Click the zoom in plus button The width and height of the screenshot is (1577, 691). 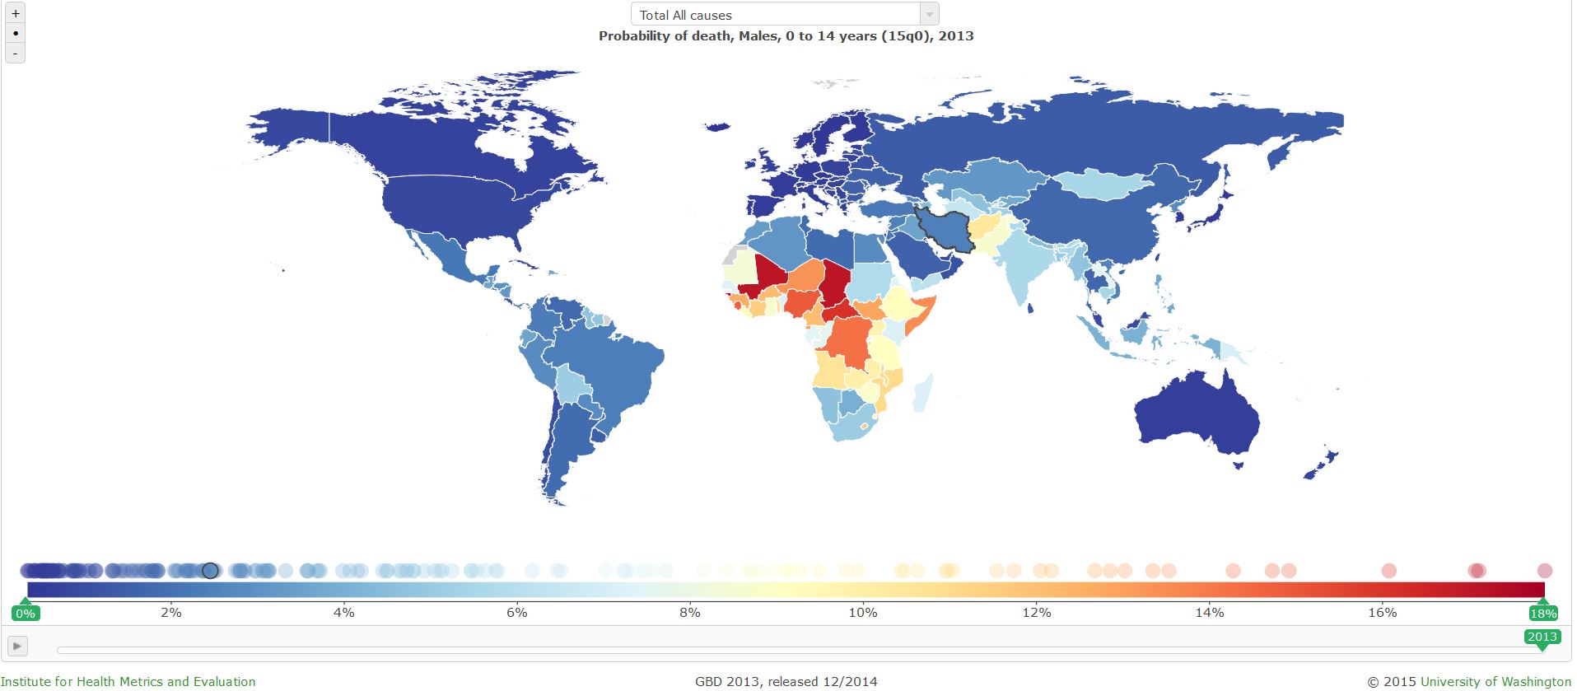click(x=16, y=14)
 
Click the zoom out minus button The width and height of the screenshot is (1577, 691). click(x=16, y=54)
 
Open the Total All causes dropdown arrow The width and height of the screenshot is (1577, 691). click(x=929, y=15)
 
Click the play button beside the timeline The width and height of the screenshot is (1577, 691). click(x=17, y=646)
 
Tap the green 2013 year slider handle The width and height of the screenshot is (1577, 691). click(x=1542, y=637)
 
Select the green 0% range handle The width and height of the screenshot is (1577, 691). click(x=26, y=613)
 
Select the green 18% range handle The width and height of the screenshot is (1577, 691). click(x=1543, y=613)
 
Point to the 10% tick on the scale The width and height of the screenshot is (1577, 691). click(x=863, y=612)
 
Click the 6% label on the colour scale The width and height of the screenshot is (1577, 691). click(x=516, y=612)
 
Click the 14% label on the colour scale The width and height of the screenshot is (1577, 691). click(x=1209, y=612)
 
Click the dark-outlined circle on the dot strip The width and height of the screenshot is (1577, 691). click(x=210, y=570)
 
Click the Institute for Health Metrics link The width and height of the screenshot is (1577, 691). click(x=128, y=681)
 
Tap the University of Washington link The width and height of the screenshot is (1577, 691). click(x=1495, y=681)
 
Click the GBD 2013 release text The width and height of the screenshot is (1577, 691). click(x=786, y=681)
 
